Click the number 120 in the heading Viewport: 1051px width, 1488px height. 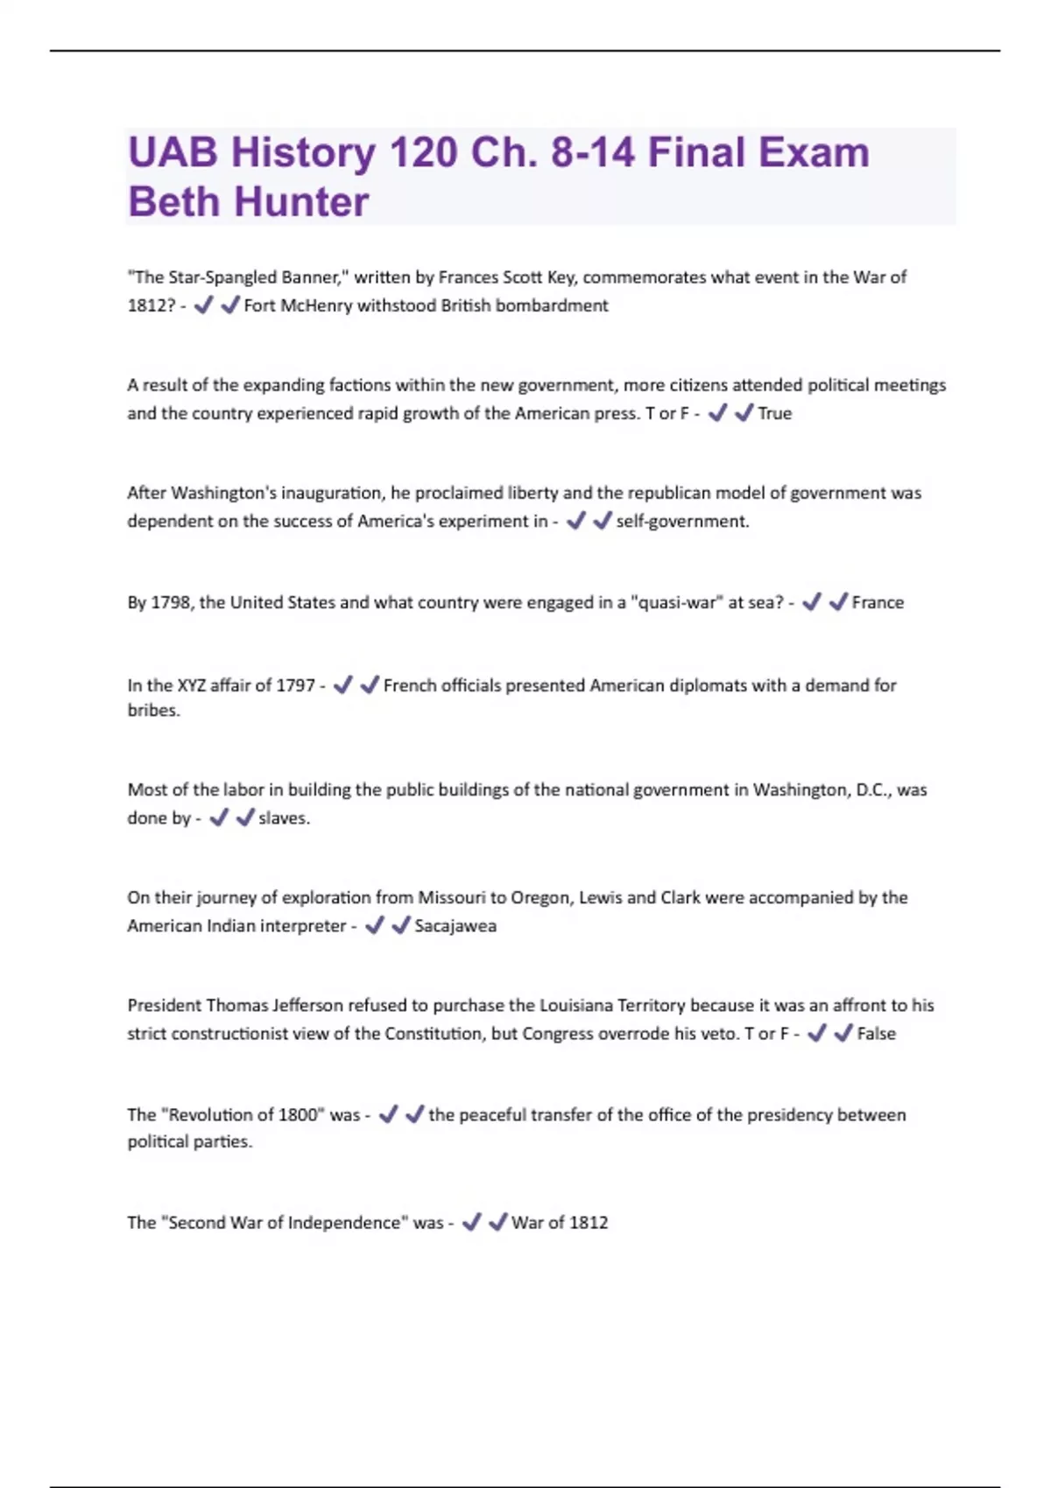pyautogui.click(x=423, y=152)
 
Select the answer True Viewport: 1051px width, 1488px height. pyautogui.click(x=774, y=413)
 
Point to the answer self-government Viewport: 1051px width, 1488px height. pyautogui.click(x=682, y=522)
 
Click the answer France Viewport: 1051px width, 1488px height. pyautogui.click(x=877, y=602)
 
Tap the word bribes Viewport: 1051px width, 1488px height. pyautogui.click(x=153, y=711)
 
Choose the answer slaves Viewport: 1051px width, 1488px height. pyautogui.click(x=284, y=818)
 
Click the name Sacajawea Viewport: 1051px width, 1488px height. pyautogui.click(x=455, y=926)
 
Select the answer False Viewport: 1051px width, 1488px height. pyautogui.click(x=876, y=1034)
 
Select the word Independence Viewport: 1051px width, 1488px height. pyautogui.click(x=336, y=1223)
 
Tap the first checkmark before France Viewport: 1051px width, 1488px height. pyautogui.click(x=811, y=602)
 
